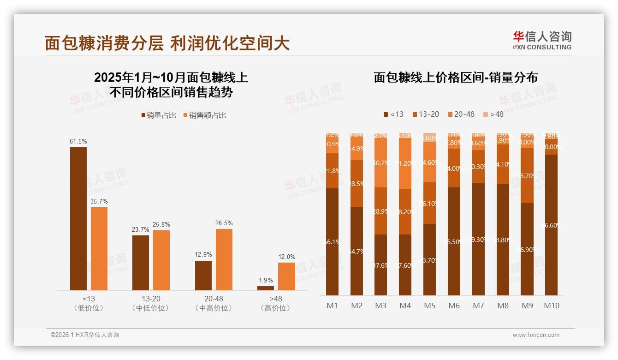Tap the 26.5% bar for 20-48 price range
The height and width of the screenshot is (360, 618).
pos(224,259)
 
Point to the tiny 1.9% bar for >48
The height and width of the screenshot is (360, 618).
pos(266,288)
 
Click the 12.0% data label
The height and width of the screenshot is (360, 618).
pos(286,257)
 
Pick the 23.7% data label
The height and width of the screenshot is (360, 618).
pos(141,229)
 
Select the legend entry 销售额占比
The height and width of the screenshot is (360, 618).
pos(205,115)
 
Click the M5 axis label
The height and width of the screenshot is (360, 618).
pos(429,306)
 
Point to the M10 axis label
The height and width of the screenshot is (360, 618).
pos(551,306)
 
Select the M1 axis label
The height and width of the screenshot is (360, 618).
pos(332,306)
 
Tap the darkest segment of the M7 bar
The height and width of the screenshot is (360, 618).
pos(478,239)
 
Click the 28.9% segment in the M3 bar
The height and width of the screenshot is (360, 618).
pos(380,211)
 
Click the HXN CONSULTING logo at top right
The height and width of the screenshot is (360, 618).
pos(542,40)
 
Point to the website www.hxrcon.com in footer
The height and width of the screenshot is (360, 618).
pos(536,335)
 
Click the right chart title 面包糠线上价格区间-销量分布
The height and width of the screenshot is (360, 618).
pos(456,78)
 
